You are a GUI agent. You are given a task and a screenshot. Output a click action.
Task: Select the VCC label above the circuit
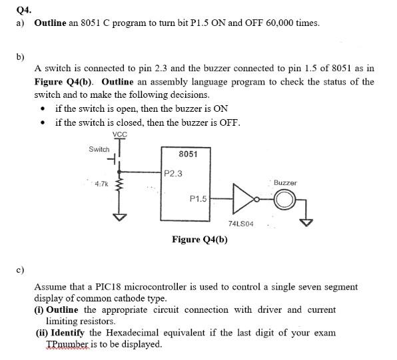tap(120, 134)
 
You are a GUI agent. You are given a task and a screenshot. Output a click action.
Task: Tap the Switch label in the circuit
tap(99, 149)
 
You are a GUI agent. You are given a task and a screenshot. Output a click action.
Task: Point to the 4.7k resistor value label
tap(102, 183)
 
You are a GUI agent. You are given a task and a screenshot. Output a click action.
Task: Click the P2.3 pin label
tap(173, 174)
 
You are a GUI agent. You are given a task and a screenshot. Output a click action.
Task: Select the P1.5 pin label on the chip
tap(198, 198)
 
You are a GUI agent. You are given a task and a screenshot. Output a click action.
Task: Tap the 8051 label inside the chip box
tap(189, 154)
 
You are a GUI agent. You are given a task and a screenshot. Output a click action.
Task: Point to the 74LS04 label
tap(240, 226)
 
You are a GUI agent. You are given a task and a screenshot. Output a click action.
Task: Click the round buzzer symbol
tap(284, 198)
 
